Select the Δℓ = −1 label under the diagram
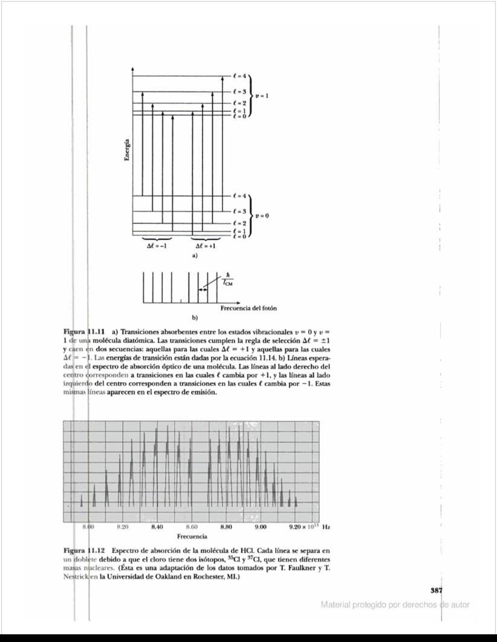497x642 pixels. click(x=157, y=247)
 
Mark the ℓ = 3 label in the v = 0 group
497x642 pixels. click(x=239, y=212)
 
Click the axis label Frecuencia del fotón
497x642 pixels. click(x=253, y=308)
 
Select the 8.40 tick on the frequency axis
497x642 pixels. click(x=157, y=527)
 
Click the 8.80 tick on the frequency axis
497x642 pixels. click(x=226, y=527)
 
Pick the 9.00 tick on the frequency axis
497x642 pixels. click(x=261, y=527)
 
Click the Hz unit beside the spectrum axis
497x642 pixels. click(x=326, y=527)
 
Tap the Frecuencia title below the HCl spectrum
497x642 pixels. click(x=192, y=536)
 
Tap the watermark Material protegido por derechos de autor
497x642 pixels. click(x=395, y=605)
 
